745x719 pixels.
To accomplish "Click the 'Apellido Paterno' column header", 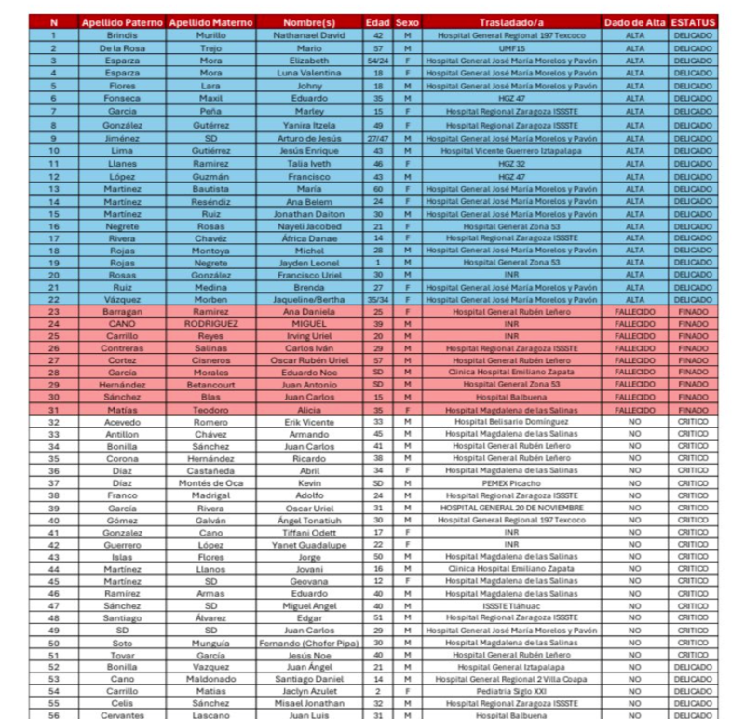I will pos(121,21).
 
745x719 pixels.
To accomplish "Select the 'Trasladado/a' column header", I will pos(511,21).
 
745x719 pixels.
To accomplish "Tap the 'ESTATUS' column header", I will pos(693,21).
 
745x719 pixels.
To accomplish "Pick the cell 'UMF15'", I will pos(510,47).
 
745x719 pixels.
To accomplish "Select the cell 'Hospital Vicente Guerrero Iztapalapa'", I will pos(510,149).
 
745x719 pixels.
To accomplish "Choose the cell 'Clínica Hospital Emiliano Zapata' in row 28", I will pos(510,371).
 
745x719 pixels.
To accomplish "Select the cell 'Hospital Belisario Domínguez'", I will pos(510,421).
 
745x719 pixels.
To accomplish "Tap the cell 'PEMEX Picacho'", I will pos(510,483).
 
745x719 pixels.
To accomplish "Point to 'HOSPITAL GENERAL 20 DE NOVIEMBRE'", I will pos(510,508).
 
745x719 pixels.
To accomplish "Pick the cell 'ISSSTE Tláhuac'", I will pos(510,605).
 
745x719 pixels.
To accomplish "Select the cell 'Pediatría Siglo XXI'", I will pos(510,692).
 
